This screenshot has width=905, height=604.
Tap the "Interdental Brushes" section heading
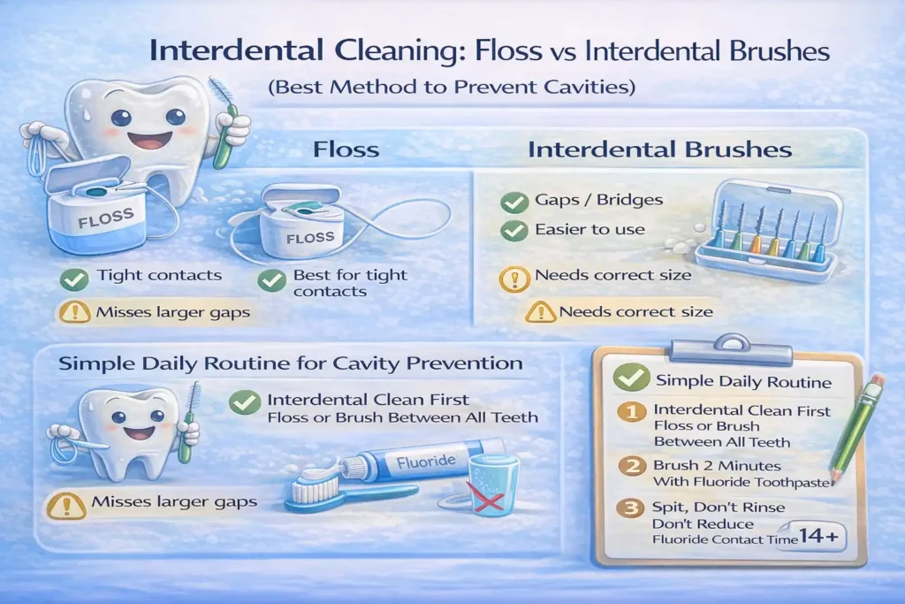click(x=659, y=149)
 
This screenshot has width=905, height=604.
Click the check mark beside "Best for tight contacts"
click(x=270, y=280)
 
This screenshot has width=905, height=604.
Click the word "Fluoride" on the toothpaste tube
click(x=426, y=461)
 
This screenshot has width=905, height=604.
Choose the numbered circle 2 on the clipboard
click(x=631, y=468)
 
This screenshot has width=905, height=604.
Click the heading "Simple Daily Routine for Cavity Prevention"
click(x=290, y=363)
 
